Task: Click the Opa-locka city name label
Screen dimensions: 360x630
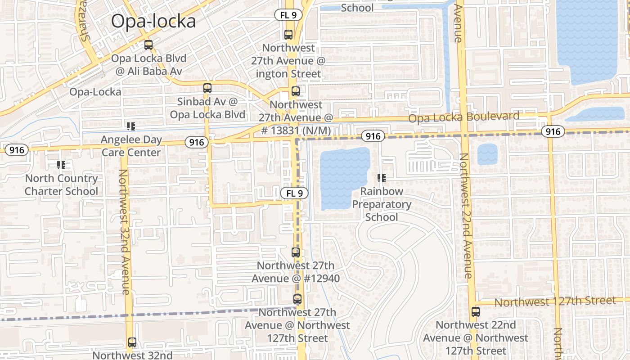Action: tap(153, 21)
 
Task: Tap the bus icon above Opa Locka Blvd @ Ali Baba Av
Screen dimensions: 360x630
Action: tap(148, 45)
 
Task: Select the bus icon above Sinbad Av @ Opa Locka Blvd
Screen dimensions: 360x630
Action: tap(207, 88)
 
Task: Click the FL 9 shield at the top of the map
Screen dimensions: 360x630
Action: tap(288, 15)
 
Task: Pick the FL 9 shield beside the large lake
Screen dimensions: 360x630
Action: tap(294, 193)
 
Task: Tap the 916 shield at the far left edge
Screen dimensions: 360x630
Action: tap(17, 149)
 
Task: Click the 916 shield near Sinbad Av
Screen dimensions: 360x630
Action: tap(196, 143)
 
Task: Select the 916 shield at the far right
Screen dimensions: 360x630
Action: tap(552, 131)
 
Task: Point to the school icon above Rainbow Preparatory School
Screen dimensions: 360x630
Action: tap(382, 178)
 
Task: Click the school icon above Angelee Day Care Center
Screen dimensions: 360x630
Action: tap(131, 126)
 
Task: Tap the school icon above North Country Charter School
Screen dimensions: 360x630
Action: tap(61, 165)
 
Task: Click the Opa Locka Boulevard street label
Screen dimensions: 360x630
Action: tap(463, 117)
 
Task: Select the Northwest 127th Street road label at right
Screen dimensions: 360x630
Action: tap(555, 301)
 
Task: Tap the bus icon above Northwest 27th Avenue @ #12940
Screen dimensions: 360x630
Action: tap(296, 252)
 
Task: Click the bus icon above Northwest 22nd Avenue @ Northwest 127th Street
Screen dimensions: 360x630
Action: tap(476, 311)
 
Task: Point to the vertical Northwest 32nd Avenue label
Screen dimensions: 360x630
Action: tap(125, 232)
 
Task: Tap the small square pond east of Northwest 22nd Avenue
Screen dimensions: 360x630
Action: tap(487, 154)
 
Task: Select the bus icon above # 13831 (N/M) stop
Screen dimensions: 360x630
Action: tap(296, 91)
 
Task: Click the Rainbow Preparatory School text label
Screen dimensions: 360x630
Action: tap(382, 204)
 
